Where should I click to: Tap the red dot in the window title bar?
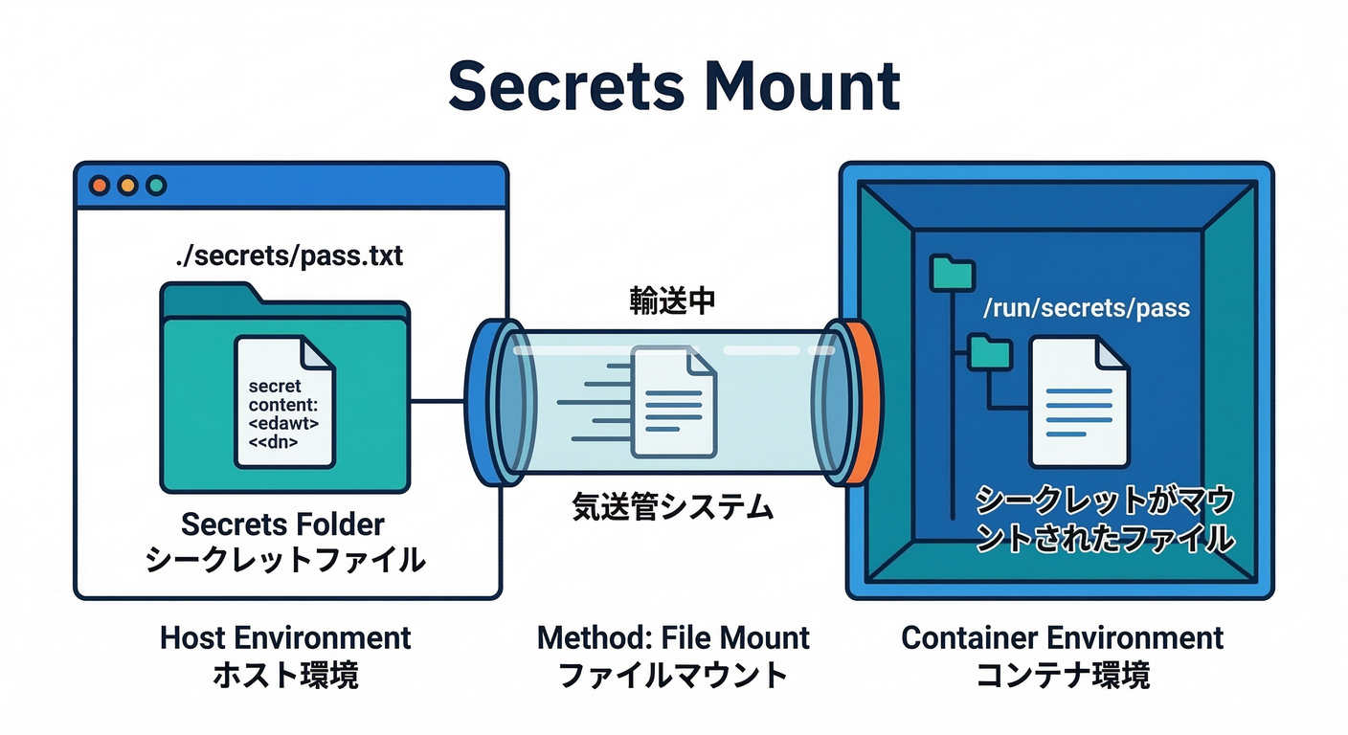tap(99, 186)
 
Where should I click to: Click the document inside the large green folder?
tap(284, 402)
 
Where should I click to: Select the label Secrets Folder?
tap(282, 524)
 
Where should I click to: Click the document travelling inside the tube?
tap(674, 400)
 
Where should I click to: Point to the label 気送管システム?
tap(672, 506)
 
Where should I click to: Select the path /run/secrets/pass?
tap(1086, 308)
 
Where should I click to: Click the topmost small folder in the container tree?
tap(952, 272)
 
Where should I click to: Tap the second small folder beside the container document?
tap(989, 351)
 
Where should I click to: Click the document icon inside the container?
tap(1078, 402)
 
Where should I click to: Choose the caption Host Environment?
tap(285, 637)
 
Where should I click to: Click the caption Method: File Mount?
tap(673, 637)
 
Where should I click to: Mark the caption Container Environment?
tap(1062, 637)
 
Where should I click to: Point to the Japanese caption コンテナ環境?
tap(1062, 675)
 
